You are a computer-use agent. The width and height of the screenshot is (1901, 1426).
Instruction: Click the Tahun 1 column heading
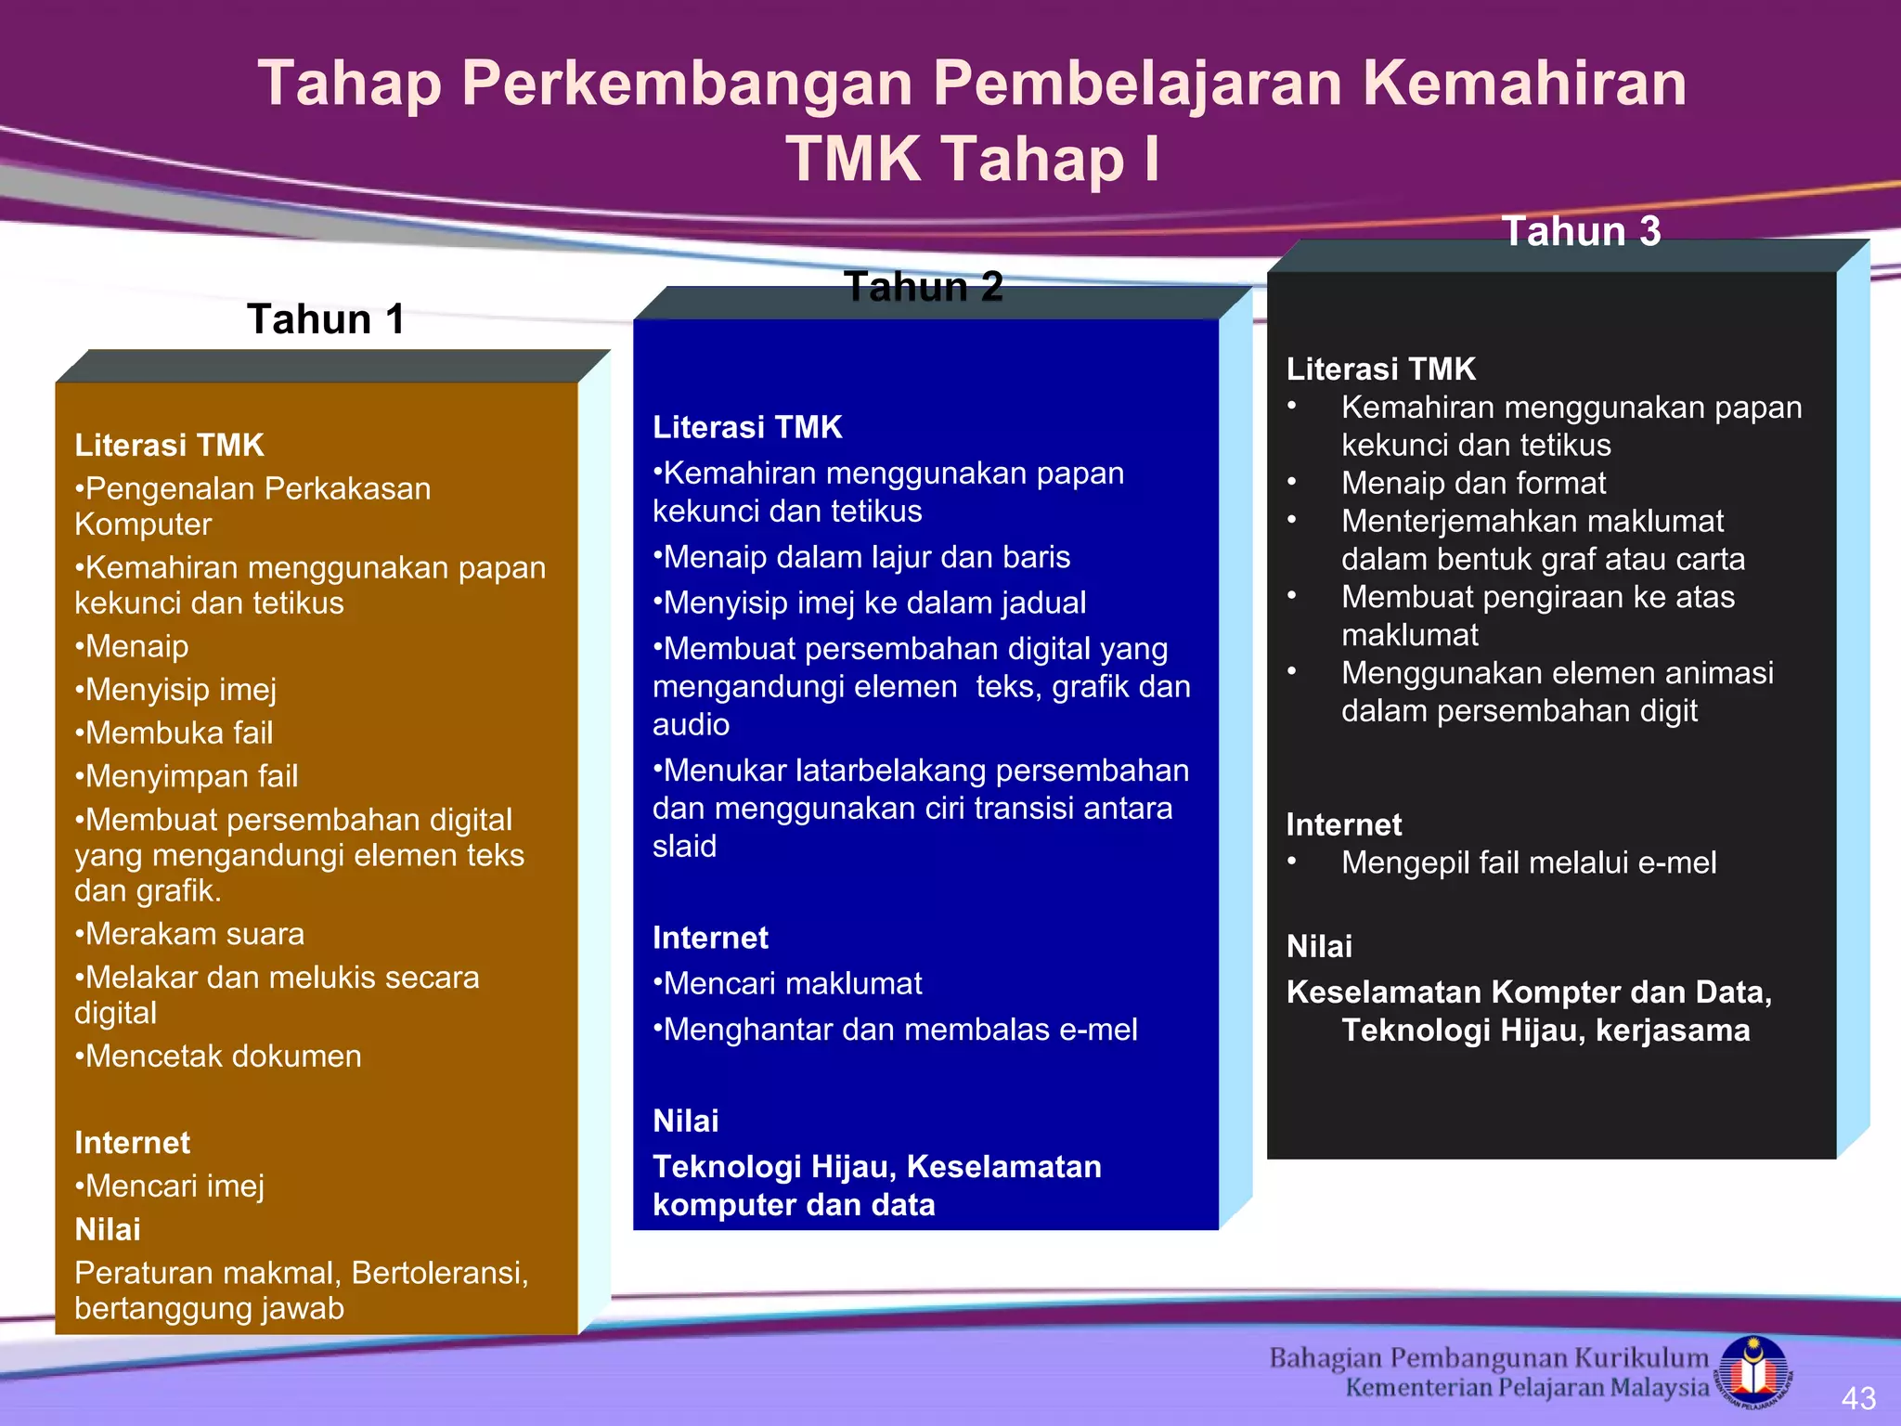coord(326,319)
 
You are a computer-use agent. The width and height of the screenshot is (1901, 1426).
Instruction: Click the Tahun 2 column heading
coord(924,287)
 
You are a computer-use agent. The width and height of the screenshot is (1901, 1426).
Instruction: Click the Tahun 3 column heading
coord(1582,231)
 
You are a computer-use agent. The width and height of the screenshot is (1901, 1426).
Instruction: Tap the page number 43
coord(1858,1397)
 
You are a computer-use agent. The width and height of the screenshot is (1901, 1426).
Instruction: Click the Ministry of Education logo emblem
coord(1752,1370)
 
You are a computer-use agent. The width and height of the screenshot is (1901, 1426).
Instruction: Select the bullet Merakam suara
coord(190,934)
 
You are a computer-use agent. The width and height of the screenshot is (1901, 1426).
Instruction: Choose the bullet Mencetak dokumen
coord(219,1057)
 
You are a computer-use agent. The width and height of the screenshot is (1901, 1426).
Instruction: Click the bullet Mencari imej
coord(171,1186)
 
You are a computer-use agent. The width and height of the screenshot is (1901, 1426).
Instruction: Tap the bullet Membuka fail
coord(175,733)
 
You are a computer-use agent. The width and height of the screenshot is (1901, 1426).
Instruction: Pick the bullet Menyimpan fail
coord(188,776)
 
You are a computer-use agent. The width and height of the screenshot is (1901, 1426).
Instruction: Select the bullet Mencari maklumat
coord(788,984)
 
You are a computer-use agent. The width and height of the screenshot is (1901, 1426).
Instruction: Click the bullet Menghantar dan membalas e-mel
coord(896,1030)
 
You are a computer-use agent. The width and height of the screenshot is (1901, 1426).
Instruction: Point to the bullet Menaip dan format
coord(1473,484)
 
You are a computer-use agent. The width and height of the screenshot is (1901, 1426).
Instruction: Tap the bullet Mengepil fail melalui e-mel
coord(1528,863)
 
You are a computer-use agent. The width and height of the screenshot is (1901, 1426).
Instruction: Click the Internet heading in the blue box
coord(710,939)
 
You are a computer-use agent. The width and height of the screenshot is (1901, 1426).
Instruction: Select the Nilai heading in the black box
coord(1319,947)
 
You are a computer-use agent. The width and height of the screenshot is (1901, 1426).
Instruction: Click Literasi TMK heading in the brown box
coord(170,446)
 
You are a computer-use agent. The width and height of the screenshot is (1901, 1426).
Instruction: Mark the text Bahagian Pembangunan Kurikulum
coord(1489,1358)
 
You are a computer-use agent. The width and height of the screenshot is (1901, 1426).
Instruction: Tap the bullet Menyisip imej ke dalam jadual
coord(870,603)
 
